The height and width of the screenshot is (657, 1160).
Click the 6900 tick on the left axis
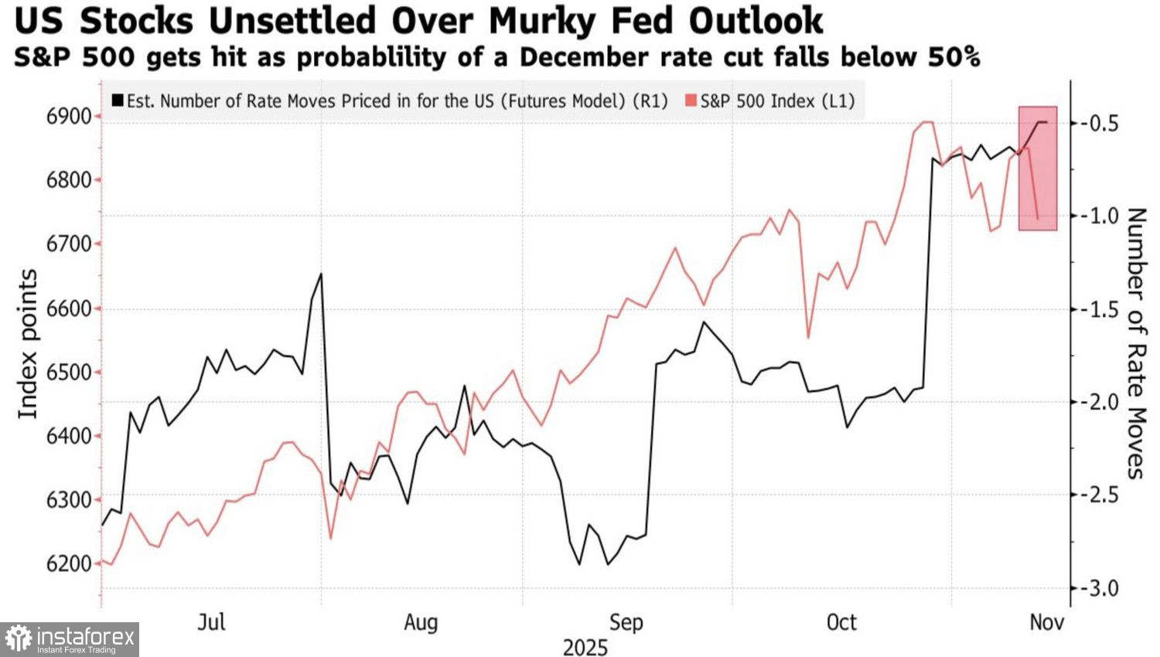tap(70, 117)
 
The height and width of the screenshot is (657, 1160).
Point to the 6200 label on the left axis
tap(70, 563)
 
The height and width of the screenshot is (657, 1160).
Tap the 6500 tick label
tap(70, 372)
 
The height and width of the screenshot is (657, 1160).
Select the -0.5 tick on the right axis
tap(1097, 123)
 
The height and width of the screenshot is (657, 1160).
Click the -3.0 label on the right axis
tap(1097, 588)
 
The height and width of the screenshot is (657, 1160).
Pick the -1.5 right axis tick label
tap(1097, 309)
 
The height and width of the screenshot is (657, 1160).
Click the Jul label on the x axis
tap(211, 622)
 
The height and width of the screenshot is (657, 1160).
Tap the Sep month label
tap(626, 622)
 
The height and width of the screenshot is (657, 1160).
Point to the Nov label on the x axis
tap(1046, 622)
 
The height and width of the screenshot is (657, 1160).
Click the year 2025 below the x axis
tap(585, 647)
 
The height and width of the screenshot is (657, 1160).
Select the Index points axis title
tap(28, 344)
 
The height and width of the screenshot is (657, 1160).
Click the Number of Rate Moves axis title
tap(1135, 343)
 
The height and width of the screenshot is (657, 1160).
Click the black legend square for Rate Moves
tap(118, 100)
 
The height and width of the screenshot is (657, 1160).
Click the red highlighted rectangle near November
tap(1038, 169)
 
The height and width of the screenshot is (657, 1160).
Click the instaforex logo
tap(70, 639)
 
